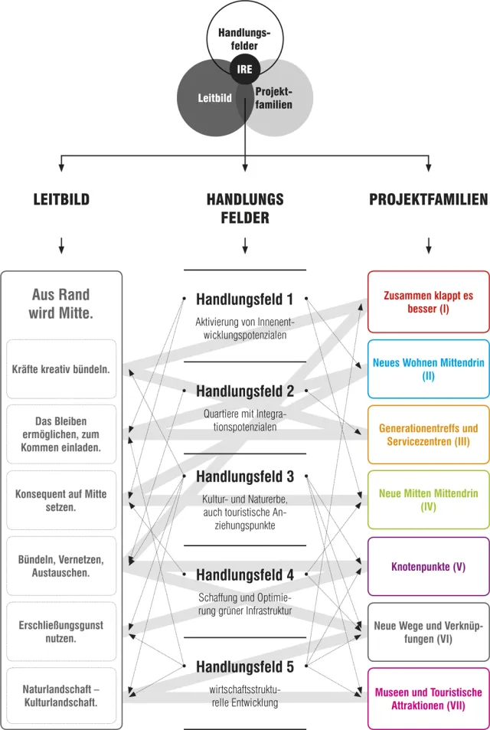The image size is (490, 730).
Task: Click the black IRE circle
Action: pyautogui.click(x=245, y=70)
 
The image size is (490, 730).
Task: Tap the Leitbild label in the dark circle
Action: pyautogui.click(x=214, y=98)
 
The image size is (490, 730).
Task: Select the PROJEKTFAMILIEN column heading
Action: pyautogui.click(x=429, y=200)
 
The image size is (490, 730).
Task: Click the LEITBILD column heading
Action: pyautogui.click(x=61, y=200)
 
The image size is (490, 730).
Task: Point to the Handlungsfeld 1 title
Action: pyautogui.click(x=245, y=300)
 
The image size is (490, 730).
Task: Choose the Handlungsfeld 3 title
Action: pyautogui.click(x=245, y=476)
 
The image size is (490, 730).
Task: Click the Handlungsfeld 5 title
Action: pyautogui.click(x=245, y=666)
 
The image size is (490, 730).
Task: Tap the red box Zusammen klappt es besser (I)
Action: pyautogui.click(x=429, y=302)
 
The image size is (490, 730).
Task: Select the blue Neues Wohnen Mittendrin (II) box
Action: pyautogui.click(x=429, y=368)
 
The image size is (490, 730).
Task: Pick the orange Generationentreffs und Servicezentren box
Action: pyautogui.click(x=429, y=434)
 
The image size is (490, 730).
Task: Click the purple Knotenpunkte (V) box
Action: pyautogui.click(x=429, y=567)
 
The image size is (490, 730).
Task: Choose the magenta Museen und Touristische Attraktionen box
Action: pyautogui.click(x=429, y=699)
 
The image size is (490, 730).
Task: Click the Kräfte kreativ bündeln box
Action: pyautogui.click(x=61, y=368)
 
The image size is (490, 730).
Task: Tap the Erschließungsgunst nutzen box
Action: pyautogui.click(x=61, y=631)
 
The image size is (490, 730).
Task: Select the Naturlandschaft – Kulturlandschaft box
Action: pyautogui.click(x=61, y=696)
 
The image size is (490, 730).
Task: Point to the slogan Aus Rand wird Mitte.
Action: pyautogui.click(x=61, y=303)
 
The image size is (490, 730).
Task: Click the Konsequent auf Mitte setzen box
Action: pyautogui.click(x=61, y=500)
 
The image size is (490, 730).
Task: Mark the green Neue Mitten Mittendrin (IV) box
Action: pyautogui.click(x=429, y=499)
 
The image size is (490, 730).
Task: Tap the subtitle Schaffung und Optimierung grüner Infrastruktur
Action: pyautogui.click(x=245, y=604)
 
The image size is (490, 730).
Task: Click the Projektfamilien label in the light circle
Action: pyautogui.click(x=274, y=98)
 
